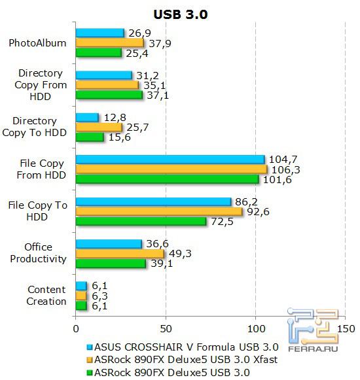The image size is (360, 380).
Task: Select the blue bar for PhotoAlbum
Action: pos(99,33)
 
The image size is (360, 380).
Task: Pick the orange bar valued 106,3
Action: pos(171,169)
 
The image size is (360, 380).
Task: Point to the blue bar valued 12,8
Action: pos(87,117)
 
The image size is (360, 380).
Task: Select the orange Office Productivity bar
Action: pos(120,253)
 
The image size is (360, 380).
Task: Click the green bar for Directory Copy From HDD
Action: pos(109,95)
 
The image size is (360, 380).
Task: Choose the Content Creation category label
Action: pos(46,296)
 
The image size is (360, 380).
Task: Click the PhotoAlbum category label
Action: pos(37,44)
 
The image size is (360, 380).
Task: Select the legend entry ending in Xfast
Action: pos(187,360)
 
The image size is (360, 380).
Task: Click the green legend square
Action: pos(88,373)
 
